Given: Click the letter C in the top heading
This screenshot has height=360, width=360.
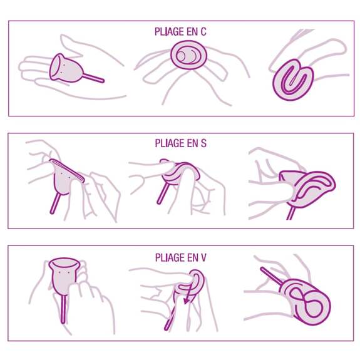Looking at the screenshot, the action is click(x=203, y=32).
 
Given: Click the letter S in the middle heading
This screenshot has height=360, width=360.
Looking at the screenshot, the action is click(x=203, y=143).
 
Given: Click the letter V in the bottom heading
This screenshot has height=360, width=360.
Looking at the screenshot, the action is click(x=203, y=257).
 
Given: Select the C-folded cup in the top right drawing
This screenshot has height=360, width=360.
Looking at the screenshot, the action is click(x=293, y=80).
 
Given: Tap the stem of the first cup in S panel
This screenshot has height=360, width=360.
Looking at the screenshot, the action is click(x=56, y=203).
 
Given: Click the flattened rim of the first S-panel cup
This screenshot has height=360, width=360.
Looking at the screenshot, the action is click(x=67, y=170).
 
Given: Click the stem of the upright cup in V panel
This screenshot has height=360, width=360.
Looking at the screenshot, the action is click(x=63, y=309).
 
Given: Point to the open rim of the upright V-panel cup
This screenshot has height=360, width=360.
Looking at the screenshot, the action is click(x=64, y=263).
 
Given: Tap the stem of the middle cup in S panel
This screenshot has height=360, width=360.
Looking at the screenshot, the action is click(x=162, y=192).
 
